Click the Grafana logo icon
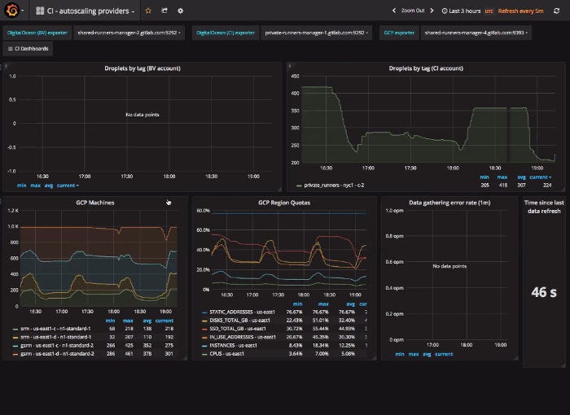pyautogui.click(x=12, y=11)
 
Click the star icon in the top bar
pyautogui.click(x=147, y=11)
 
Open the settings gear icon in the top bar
pyautogui.click(x=180, y=11)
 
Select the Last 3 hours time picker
pyautogui.click(x=462, y=11)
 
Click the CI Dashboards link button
pyautogui.click(x=28, y=49)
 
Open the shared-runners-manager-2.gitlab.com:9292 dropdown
pyautogui.click(x=128, y=33)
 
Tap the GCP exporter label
pyautogui.click(x=398, y=33)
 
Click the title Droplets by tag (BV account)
pyautogui.click(x=142, y=69)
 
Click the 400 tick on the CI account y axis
pyautogui.click(x=294, y=88)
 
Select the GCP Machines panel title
pyautogui.click(x=95, y=202)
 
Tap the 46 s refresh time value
pyautogui.click(x=543, y=292)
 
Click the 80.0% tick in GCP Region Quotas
pyautogui.click(x=203, y=210)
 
